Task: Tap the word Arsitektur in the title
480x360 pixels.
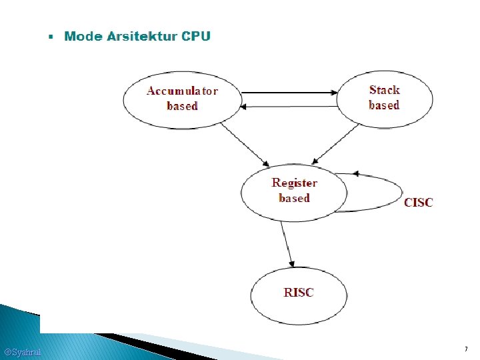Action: click(141, 36)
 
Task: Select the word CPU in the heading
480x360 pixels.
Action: click(196, 36)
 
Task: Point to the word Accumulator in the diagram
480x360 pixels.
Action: click(182, 91)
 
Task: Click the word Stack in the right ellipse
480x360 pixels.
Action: click(384, 90)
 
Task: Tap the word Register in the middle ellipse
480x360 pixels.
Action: click(294, 183)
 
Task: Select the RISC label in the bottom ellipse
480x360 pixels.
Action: click(298, 293)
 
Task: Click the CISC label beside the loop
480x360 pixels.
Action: click(418, 202)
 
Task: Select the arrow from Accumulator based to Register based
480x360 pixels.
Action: click(243, 144)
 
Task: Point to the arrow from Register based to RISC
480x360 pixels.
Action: click(287, 243)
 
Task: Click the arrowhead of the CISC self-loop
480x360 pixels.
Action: click(355, 173)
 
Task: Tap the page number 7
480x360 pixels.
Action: click(465, 349)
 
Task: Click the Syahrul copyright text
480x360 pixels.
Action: click(22, 352)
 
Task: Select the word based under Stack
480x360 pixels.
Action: click(384, 105)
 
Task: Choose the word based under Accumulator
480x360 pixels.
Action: click(182, 106)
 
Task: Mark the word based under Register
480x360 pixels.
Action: click(294, 198)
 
